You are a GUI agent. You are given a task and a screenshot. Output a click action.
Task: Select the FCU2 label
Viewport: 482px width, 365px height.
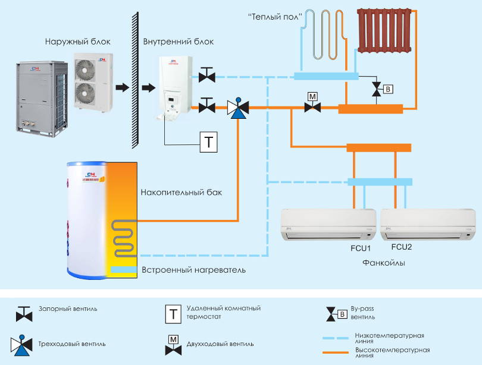tap(402, 247)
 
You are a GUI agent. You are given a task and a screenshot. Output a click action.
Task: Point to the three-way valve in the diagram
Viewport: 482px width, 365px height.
tap(238, 108)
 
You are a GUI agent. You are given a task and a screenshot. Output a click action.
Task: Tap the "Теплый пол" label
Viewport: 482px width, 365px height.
tap(275, 16)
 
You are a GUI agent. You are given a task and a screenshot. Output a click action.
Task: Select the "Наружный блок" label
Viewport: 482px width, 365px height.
tap(77, 42)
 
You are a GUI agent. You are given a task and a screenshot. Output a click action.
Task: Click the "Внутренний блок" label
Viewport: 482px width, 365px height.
tap(178, 42)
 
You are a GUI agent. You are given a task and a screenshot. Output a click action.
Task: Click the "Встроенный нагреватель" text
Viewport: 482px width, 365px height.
tap(193, 270)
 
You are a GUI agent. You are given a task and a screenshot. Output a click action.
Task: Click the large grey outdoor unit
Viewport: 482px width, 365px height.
tap(39, 96)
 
